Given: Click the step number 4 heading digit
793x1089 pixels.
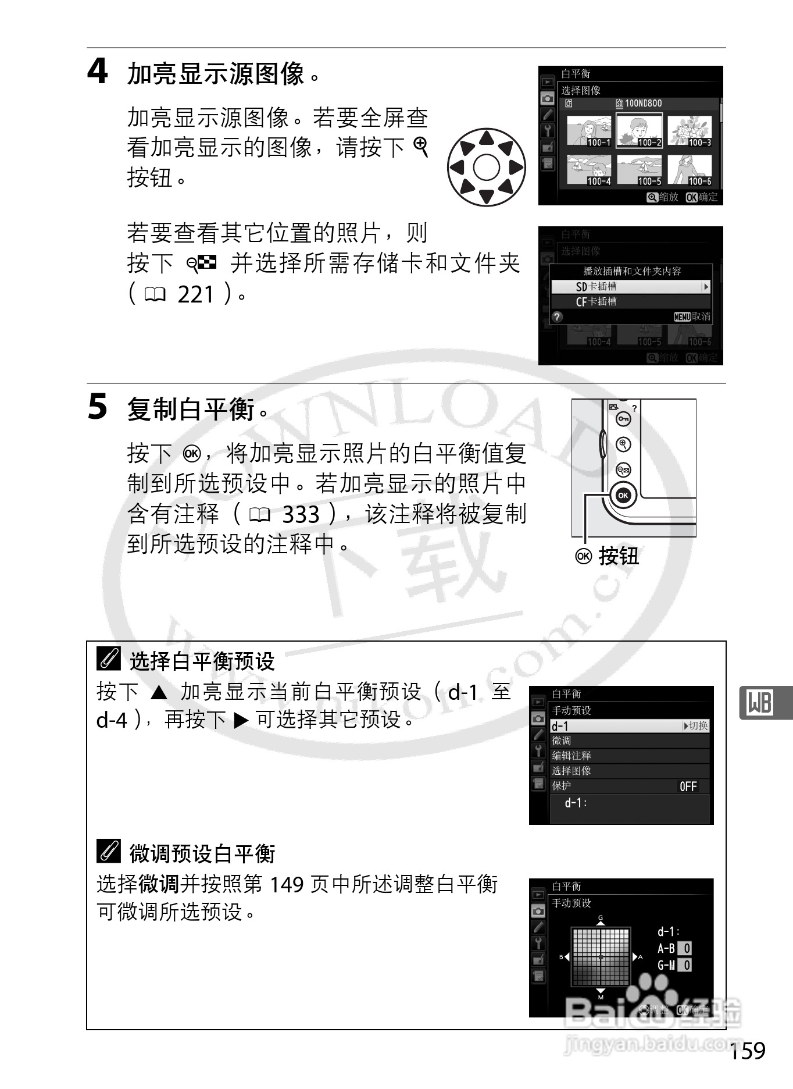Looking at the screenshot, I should [x=97, y=72].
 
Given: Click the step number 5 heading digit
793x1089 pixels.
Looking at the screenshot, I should [x=97, y=407].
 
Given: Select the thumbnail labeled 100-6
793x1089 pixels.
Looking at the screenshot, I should [x=690, y=170].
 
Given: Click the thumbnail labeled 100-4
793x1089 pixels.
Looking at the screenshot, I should [x=588, y=170].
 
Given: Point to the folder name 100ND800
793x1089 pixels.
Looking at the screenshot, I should [x=642, y=104].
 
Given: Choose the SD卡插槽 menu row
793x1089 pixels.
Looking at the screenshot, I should [x=630, y=286].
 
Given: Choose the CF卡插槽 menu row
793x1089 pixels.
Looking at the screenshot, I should [x=630, y=301].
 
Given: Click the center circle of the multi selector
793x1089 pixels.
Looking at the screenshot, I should [x=486, y=168].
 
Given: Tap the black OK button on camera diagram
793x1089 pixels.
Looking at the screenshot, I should [x=623, y=496].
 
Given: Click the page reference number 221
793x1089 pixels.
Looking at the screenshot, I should [x=196, y=295].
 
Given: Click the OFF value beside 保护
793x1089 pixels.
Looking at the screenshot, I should [x=688, y=787].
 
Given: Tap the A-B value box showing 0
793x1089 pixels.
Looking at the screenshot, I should [x=686, y=949].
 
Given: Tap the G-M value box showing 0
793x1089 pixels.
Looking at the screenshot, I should [x=686, y=966].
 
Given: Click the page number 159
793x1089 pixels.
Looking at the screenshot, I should [x=748, y=1051].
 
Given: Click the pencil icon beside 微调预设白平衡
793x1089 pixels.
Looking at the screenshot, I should [x=109, y=852].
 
